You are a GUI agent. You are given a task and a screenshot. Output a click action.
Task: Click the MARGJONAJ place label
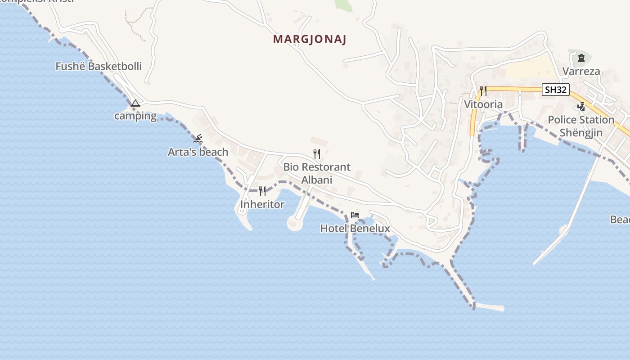[x=310, y=39]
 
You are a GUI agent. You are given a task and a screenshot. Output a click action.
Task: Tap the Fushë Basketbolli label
[x=99, y=67]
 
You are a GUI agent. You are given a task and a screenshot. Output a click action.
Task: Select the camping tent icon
[x=135, y=103]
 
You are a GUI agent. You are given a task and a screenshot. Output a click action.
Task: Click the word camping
[x=135, y=116]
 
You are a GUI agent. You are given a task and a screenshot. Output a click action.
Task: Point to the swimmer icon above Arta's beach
[x=198, y=139]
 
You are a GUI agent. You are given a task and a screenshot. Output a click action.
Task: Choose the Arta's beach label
[x=198, y=152]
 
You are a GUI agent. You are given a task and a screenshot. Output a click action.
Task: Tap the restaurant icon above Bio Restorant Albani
[x=317, y=154]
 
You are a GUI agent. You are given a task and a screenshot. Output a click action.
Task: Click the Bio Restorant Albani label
[x=317, y=173]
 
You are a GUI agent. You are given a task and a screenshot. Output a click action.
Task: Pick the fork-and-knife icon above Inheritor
[x=262, y=191]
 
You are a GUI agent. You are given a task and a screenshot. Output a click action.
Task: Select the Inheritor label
[x=262, y=205]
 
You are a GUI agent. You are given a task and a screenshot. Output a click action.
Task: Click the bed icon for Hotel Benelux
[x=355, y=215]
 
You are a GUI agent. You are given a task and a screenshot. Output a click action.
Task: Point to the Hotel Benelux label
[x=355, y=229]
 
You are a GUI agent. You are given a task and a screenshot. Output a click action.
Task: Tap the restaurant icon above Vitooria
[x=483, y=91]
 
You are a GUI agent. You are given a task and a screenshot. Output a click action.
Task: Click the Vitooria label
[x=483, y=105]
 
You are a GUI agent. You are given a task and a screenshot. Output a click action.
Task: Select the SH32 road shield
[x=555, y=90]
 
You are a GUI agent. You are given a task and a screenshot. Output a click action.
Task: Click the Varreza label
[x=581, y=72]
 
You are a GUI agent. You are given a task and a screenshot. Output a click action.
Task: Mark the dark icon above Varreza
[x=581, y=58]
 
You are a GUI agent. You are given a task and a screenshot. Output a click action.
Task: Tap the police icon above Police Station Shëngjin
[x=581, y=107]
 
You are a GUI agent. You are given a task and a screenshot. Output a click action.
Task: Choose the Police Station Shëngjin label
[x=581, y=126]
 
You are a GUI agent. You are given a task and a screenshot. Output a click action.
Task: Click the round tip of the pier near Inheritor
[x=295, y=224]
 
